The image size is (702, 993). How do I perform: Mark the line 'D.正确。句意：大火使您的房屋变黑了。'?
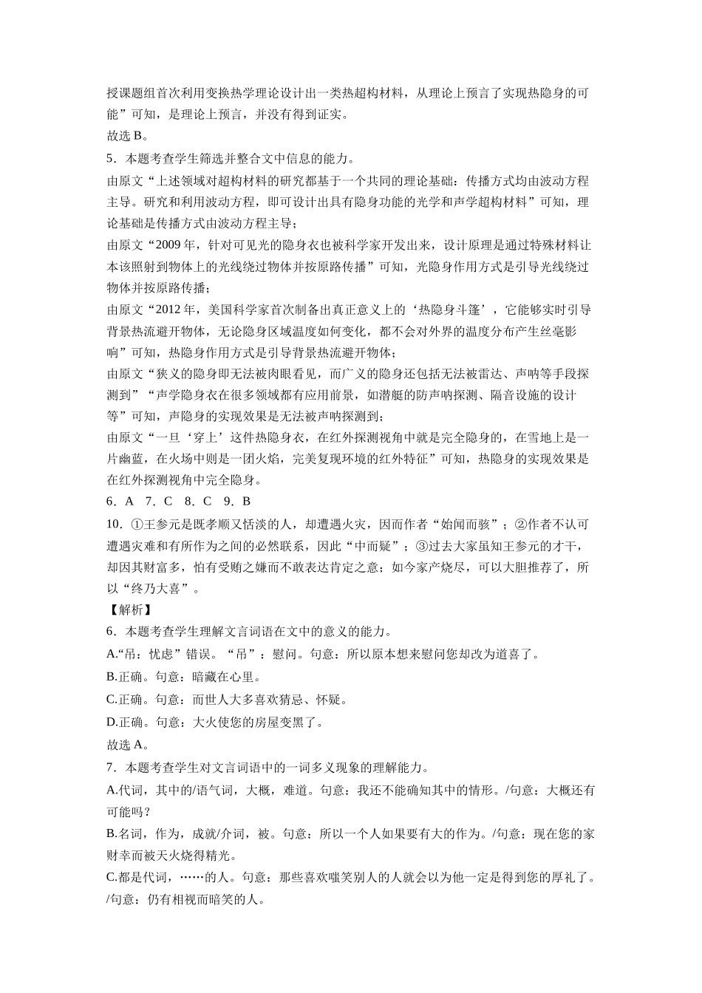click(x=215, y=722)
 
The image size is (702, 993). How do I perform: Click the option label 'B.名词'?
click(x=126, y=834)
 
